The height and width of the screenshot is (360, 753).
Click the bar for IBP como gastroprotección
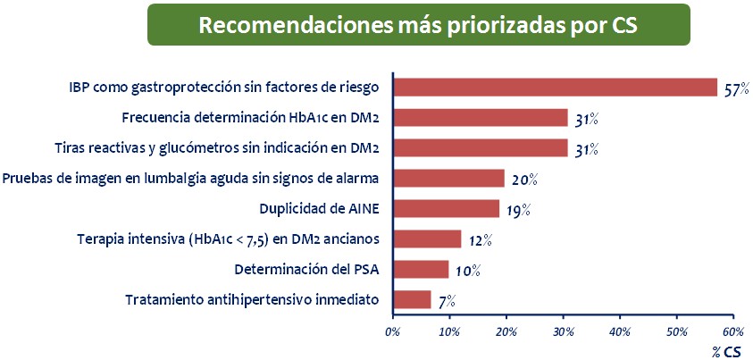point(555,87)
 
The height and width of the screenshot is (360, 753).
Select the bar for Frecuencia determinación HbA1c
point(481,117)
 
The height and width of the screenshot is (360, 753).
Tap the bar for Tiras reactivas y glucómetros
point(481,147)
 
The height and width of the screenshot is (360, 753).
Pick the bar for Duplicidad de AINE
point(446,208)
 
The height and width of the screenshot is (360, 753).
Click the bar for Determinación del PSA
point(421,269)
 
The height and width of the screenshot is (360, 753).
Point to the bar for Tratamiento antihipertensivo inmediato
point(412,299)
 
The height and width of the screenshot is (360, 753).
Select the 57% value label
point(736,89)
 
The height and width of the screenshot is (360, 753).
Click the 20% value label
point(524,180)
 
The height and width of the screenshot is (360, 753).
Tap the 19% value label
point(518,210)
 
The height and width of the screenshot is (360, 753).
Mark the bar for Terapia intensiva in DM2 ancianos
point(427,239)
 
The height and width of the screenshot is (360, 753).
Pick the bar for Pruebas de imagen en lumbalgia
point(448,178)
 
